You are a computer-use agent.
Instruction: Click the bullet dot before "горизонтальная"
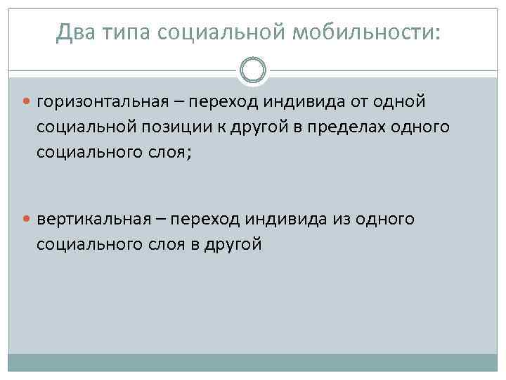click(29, 102)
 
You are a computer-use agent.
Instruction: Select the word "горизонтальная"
click(103, 101)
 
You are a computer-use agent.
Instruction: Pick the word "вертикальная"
click(95, 220)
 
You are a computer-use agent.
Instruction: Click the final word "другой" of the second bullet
click(234, 243)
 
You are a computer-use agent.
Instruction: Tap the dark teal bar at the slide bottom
click(253, 362)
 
